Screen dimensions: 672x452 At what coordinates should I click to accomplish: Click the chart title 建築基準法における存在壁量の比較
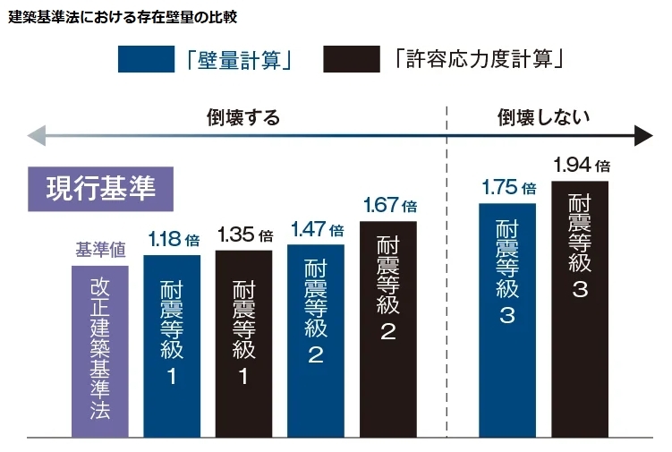pyautogui.click(x=123, y=17)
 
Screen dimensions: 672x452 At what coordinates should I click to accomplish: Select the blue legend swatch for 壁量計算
pyautogui.click(x=146, y=59)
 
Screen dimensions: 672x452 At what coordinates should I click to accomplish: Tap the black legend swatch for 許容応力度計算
pyautogui.click(x=352, y=59)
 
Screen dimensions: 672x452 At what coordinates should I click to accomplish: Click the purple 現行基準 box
pyautogui.click(x=101, y=189)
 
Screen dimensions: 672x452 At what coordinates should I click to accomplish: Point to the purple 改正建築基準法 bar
pyautogui.click(x=100, y=352)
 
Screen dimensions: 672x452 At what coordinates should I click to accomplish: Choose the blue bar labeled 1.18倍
pyautogui.click(x=172, y=346)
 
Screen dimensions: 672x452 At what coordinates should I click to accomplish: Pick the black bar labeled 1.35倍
pyautogui.click(x=244, y=344)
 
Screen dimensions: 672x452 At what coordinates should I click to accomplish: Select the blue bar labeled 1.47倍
pyautogui.click(x=316, y=341)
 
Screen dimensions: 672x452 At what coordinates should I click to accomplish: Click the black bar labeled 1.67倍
pyautogui.click(x=388, y=329)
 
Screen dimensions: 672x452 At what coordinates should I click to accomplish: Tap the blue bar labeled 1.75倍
pyautogui.click(x=507, y=320)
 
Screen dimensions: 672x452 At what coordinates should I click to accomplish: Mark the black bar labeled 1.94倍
pyautogui.click(x=580, y=310)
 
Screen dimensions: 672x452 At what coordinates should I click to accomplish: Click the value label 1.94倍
pyautogui.click(x=582, y=165)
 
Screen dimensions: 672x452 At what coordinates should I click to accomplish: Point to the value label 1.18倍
pyautogui.click(x=174, y=239)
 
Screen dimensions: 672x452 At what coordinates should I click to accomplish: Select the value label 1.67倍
pyautogui.click(x=390, y=205)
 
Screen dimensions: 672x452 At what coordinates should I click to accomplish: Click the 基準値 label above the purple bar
pyautogui.click(x=101, y=250)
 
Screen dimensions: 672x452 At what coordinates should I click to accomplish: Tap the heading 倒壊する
pyautogui.click(x=243, y=117)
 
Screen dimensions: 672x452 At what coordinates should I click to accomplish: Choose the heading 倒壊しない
pyautogui.click(x=543, y=117)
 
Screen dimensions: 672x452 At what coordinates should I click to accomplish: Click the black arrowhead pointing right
pyautogui.click(x=643, y=136)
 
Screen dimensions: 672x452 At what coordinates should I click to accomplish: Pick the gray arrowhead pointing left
pyautogui.click(x=37, y=136)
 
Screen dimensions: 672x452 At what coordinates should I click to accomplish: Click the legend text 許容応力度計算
pyautogui.click(x=479, y=59)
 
